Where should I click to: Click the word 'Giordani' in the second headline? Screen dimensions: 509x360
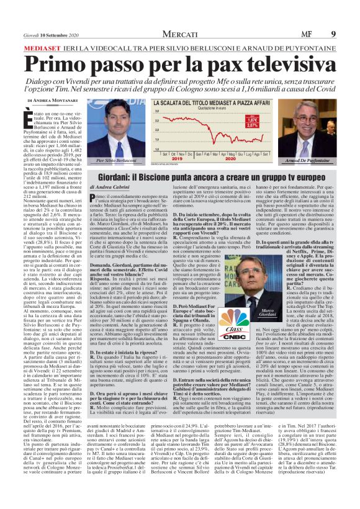tap(117, 177)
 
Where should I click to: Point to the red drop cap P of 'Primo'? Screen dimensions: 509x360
tap(92, 197)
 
